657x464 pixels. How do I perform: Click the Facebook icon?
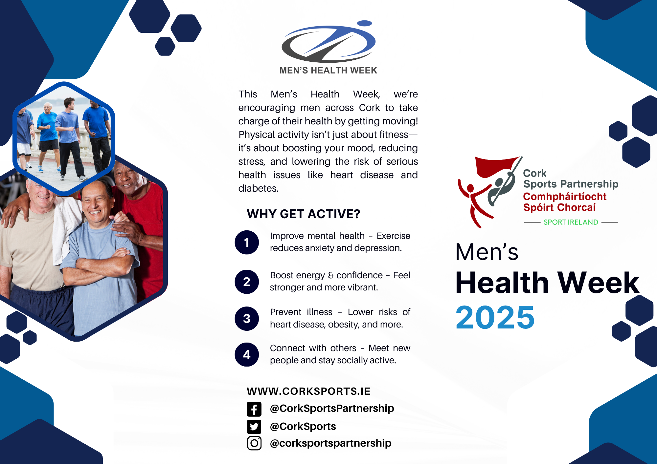tap(254, 409)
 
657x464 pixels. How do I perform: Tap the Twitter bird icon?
tap(254, 427)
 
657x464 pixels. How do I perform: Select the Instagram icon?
tap(254, 443)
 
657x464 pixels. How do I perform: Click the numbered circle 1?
tap(247, 243)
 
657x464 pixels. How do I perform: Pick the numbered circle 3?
tap(247, 318)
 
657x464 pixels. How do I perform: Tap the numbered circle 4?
tap(247, 354)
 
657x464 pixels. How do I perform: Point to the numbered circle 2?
tap(247, 282)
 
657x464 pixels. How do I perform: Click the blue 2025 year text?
tap(495, 317)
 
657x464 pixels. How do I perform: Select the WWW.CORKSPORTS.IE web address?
tap(308, 391)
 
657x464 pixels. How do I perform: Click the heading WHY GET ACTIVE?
tap(303, 214)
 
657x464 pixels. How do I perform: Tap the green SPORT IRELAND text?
tap(571, 222)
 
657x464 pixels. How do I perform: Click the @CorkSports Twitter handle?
tap(303, 426)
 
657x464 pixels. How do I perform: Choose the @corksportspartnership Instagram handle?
tap(330, 443)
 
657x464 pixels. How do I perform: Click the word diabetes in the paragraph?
tap(258, 188)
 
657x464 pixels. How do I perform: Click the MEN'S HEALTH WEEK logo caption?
tap(328, 70)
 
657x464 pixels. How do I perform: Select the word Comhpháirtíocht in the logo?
tap(565, 197)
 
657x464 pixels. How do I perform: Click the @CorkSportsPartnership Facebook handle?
tap(332, 409)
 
